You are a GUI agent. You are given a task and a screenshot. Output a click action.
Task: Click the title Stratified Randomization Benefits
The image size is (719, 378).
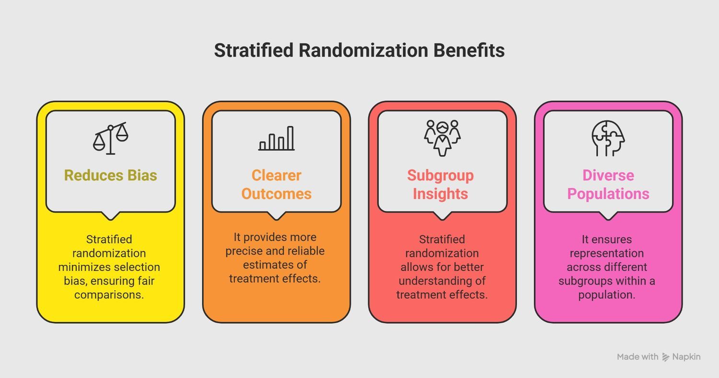[x=359, y=50]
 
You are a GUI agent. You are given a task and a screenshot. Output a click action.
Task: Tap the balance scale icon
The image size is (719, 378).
[x=111, y=138]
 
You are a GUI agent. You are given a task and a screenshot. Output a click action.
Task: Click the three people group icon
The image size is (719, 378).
[x=442, y=138]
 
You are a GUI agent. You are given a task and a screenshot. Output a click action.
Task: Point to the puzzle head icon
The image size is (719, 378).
[x=608, y=138]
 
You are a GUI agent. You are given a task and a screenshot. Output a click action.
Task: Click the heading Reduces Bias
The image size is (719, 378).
[x=111, y=175]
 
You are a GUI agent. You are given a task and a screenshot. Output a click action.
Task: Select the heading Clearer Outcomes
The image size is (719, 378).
[x=277, y=184]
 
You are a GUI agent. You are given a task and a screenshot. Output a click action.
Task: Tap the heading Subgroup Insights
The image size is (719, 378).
[x=441, y=184]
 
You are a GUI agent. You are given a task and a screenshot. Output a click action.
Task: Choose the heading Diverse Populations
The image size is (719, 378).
[x=608, y=184]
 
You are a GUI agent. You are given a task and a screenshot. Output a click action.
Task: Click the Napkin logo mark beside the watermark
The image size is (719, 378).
[x=666, y=357]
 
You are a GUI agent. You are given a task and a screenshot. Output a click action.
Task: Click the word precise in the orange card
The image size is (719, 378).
[x=245, y=251]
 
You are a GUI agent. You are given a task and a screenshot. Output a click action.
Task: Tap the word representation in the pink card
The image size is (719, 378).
[x=606, y=253]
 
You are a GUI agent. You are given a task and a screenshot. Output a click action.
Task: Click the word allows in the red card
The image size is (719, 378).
[x=416, y=267]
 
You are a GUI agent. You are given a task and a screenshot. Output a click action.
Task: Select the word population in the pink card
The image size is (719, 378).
[x=606, y=295]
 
